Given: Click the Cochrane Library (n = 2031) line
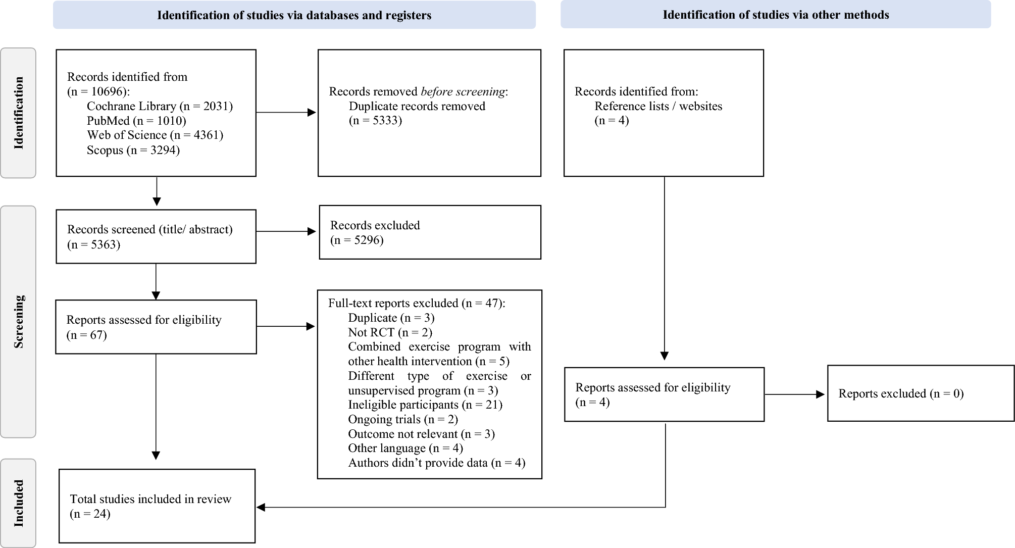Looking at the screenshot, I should [160, 106].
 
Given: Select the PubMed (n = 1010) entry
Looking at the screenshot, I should [136, 121].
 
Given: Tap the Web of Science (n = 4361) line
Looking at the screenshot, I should [155, 135].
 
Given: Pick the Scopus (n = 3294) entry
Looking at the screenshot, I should [133, 150].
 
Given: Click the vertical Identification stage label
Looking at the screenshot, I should [19, 113].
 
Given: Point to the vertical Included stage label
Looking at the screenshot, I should [19, 503].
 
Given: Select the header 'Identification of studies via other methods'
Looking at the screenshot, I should [776, 15].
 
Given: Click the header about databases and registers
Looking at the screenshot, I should [294, 15].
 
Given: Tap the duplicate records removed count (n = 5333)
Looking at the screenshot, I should [375, 120].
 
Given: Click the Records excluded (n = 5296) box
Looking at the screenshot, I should [430, 232].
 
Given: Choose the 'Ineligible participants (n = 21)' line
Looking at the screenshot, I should [425, 405].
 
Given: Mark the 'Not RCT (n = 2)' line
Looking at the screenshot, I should [390, 332].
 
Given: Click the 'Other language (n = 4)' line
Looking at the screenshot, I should [405, 448].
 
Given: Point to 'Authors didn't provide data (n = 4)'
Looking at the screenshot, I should [437, 463].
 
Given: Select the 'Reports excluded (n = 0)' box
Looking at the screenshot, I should [920, 393].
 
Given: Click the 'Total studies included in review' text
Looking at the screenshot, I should [150, 499].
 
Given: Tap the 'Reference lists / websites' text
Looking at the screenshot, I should [658, 106].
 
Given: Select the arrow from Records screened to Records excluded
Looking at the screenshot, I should [286, 231].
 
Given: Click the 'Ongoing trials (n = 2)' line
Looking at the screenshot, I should [403, 419].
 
